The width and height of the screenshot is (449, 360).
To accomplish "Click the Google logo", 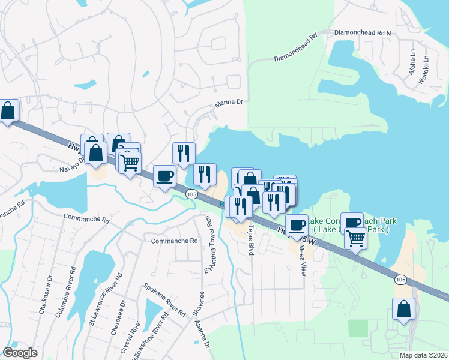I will pos(20,353).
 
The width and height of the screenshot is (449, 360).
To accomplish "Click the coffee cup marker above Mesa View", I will pos(297,225).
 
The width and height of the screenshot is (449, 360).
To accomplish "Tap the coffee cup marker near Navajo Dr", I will pos(165,176).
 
